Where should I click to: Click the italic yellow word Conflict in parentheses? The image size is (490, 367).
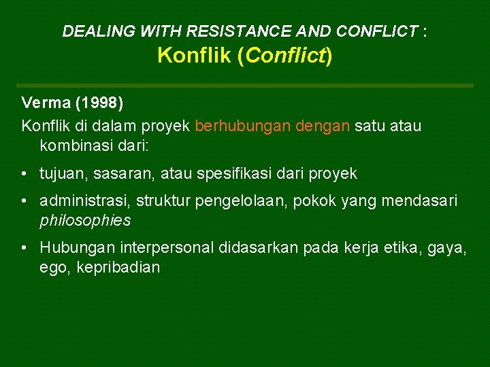pos(285,55)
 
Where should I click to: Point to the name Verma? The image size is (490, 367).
pos(47,103)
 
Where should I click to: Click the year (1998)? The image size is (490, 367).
pos(99,103)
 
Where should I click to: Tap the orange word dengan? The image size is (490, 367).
pos(323,126)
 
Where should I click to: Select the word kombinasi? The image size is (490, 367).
pos(73,145)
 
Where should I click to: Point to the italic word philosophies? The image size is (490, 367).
pos(85,220)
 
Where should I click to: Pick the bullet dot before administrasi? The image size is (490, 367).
pos(24,201)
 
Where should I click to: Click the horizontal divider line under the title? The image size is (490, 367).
pos(245,86)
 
